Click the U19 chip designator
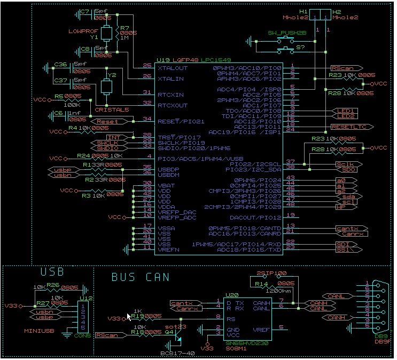coord(162,60)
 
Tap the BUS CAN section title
coord(140,277)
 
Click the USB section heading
coord(52,272)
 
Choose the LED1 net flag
coord(346,110)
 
